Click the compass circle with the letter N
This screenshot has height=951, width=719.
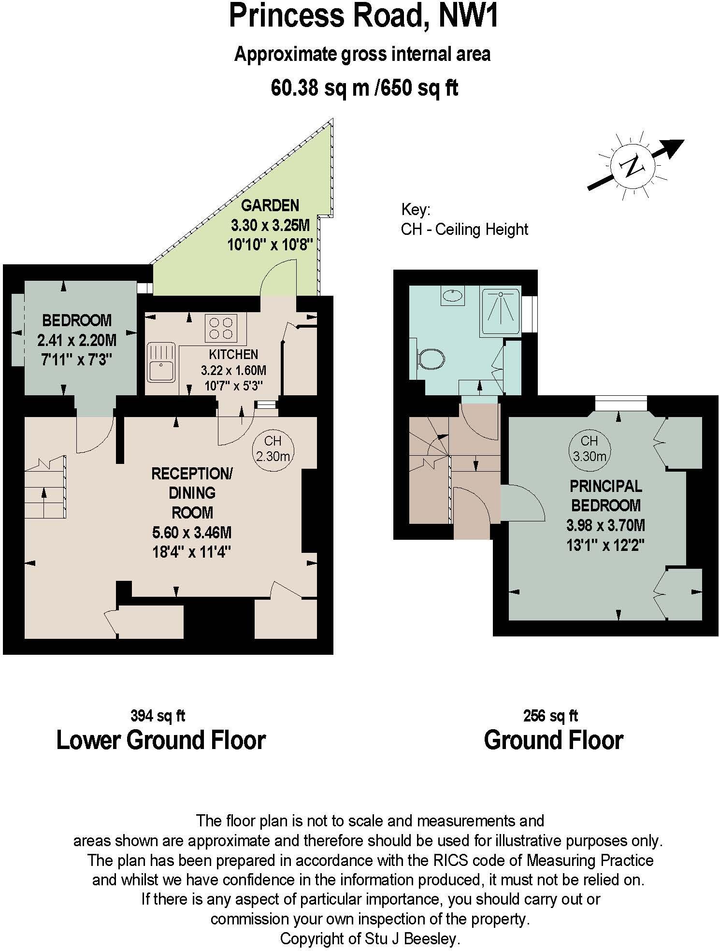tap(632, 165)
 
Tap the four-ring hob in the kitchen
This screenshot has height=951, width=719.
tap(221, 328)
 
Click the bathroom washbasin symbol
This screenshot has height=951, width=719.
tap(452, 294)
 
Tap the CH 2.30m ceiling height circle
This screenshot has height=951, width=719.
tap(273, 448)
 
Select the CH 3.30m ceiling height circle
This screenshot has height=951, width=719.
tap(589, 448)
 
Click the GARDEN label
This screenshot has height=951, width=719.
tap(270, 205)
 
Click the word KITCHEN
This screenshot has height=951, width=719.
tap(233, 354)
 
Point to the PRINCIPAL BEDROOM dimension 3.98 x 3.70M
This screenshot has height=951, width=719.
tap(605, 525)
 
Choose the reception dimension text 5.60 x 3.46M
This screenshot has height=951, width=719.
tap(192, 533)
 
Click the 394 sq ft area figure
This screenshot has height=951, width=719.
tap(158, 716)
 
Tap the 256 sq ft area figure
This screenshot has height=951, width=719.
tap(550, 716)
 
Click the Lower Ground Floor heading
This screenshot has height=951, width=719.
tap(161, 740)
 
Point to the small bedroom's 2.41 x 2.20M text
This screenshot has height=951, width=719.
tap(77, 341)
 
